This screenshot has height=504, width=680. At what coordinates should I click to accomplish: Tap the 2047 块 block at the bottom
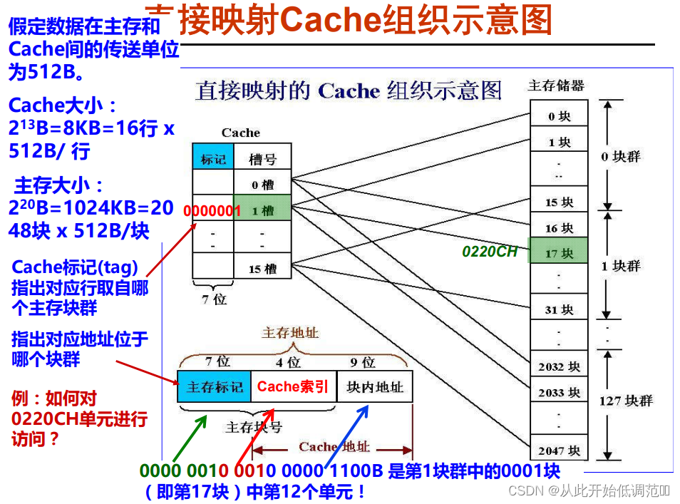coord(559,450)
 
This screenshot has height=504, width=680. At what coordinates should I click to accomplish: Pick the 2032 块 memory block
coord(559,366)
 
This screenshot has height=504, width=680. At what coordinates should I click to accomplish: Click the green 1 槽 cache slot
coord(262,210)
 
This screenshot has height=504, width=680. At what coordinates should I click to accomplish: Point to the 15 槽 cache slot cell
coord(262,269)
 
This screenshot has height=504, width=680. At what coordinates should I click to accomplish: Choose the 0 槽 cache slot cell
coord(262,185)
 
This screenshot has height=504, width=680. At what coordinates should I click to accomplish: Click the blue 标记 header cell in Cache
coord(213,159)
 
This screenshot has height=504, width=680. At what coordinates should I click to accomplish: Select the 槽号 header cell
coord(262,159)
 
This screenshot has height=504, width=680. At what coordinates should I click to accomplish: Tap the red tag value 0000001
coord(212,211)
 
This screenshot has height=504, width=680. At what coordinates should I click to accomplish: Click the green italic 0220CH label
coord(490,251)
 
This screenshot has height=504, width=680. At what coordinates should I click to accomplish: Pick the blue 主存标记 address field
coord(215,387)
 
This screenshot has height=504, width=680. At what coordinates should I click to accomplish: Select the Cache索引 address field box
coord(293,387)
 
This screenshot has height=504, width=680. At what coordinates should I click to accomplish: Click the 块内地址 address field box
coord(374,387)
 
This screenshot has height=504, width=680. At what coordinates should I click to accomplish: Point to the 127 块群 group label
coord(626,401)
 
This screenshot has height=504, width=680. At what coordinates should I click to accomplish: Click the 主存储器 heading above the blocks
coord(556,86)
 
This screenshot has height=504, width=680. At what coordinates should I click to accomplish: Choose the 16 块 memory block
coord(559,228)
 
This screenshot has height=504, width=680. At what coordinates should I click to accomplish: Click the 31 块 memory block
coord(559,309)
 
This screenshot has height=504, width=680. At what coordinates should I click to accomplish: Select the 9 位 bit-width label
coord(363,363)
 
